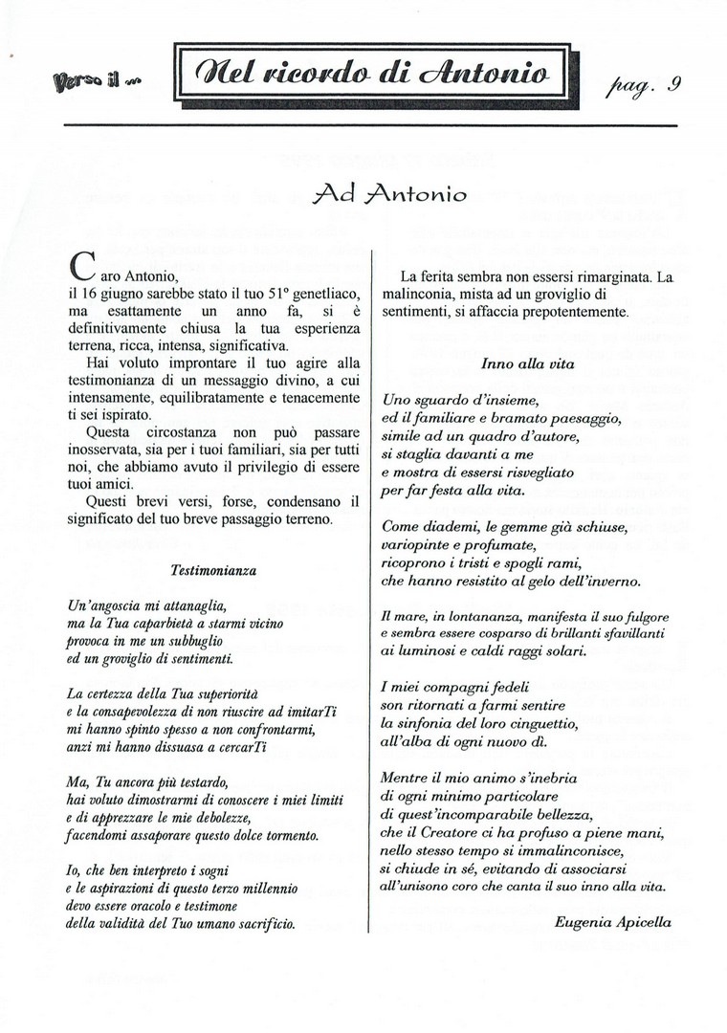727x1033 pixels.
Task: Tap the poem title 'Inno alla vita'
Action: tap(522, 364)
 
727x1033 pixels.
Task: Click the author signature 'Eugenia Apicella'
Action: tap(612, 923)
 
